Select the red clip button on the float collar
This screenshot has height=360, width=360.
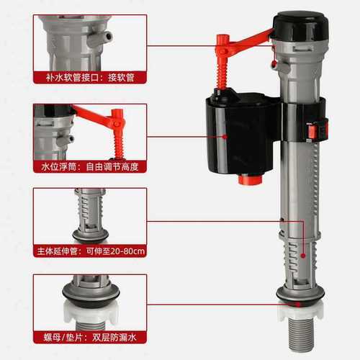click(312, 131)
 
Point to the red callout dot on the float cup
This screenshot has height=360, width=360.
click(224, 135)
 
